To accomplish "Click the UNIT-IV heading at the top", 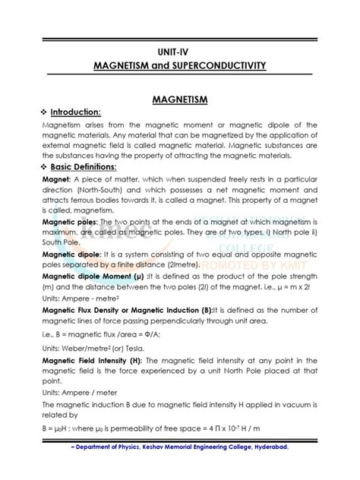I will [x=179, y=53].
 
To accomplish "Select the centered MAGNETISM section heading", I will [x=179, y=99].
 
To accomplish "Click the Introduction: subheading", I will [x=76, y=112].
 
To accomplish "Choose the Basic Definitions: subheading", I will [x=84, y=166].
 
